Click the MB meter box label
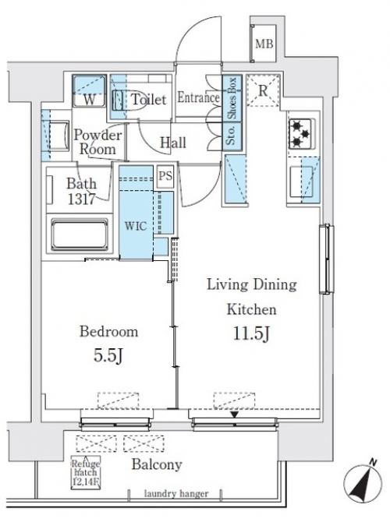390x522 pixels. click(264, 44)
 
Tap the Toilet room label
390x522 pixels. click(149, 99)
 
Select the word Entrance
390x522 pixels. click(198, 97)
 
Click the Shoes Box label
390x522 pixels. click(232, 98)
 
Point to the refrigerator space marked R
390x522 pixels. click(263, 90)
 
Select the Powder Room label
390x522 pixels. click(97, 142)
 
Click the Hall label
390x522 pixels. click(173, 143)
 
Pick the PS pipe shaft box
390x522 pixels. click(165, 175)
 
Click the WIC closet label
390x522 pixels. click(136, 227)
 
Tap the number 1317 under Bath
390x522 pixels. click(82, 199)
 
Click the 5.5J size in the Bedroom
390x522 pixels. click(108, 356)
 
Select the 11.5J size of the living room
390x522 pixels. click(251, 334)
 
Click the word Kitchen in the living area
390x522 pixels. click(252, 309)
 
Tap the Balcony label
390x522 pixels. click(157, 464)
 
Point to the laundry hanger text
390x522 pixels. click(176, 494)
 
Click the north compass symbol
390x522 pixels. click(363, 481)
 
